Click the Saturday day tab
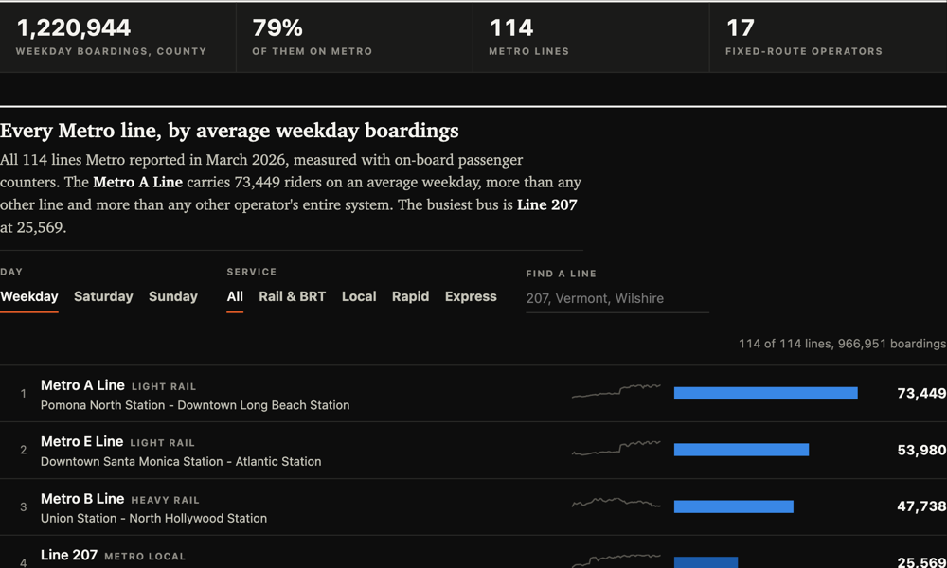pos(103,296)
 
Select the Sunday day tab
pos(173,296)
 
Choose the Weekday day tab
pos(29,296)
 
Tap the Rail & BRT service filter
pos(293,296)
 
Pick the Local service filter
pos(359,296)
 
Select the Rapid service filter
pos(411,296)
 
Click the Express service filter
pos(471,296)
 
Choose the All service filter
pos(235,296)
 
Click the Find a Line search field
pos(617,298)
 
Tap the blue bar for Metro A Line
pos(766,394)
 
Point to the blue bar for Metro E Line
pos(742,450)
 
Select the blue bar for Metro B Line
pos(734,506)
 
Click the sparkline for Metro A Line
pos(616,391)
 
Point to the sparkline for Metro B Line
pos(616,503)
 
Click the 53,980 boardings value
pos(921,450)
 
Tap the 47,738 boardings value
pos(921,506)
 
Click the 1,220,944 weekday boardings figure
pos(74,27)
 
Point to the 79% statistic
pos(277,27)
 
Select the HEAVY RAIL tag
pos(165,500)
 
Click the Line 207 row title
pos(69,555)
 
